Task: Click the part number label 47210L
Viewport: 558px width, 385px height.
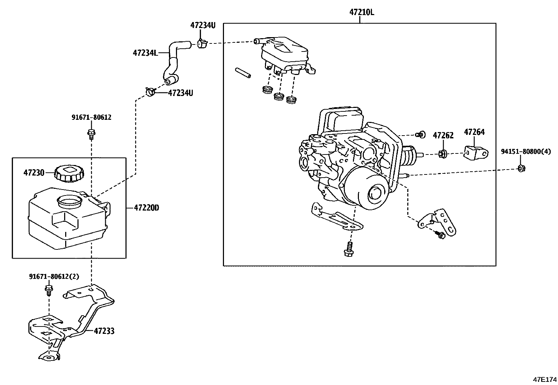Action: tap(361, 13)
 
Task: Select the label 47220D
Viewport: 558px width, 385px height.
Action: tap(146, 208)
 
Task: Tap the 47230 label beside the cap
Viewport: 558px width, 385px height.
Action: tap(34, 172)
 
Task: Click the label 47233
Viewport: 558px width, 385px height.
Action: tap(104, 331)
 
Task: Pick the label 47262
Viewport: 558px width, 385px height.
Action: tap(443, 135)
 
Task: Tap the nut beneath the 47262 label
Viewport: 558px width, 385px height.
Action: tap(442, 153)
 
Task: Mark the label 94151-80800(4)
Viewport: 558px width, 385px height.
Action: tap(525, 151)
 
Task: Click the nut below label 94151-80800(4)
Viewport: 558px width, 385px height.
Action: tap(522, 169)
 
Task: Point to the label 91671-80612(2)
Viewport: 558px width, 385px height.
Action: tap(54, 276)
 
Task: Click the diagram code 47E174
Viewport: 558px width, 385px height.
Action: tap(544, 379)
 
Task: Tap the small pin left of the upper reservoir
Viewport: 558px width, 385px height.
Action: tap(243, 73)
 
